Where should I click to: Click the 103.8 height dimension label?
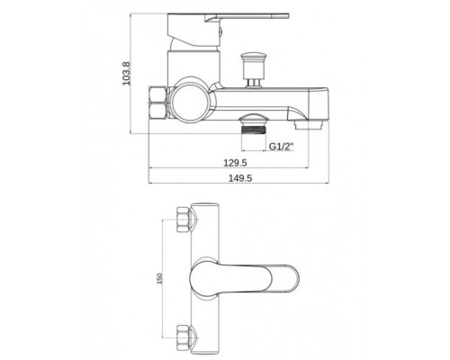pyautogui.click(x=127, y=74)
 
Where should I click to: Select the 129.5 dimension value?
pyautogui.click(x=235, y=163)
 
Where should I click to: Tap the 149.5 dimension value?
pyautogui.click(x=240, y=178)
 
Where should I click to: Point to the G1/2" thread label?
pyautogui.click(x=281, y=147)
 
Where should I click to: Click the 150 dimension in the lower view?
pyautogui.click(x=159, y=278)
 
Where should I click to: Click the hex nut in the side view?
pyautogui.click(x=157, y=103)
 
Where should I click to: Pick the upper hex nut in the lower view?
pyautogui.click(x=184, y=220)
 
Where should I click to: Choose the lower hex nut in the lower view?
pyautogui.click(x=184, y=337)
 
